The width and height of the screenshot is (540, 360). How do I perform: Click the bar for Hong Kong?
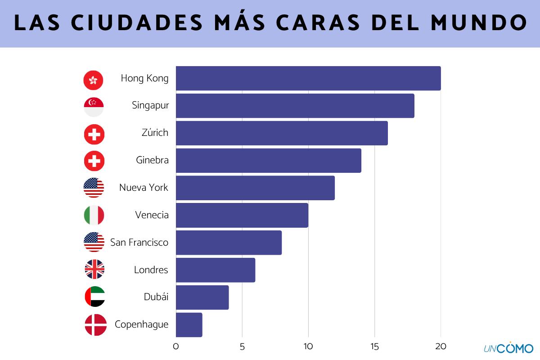[308, 78]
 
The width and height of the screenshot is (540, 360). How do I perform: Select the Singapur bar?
[295, 106]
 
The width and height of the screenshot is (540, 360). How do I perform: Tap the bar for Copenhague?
[189, 324]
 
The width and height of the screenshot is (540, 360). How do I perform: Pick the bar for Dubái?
[202, 297]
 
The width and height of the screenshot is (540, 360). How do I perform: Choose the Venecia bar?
[242, 215]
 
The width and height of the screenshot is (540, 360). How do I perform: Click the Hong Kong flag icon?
[94, 80]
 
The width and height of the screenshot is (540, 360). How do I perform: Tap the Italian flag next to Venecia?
[94, 215]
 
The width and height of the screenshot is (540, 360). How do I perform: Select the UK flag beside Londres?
[94, 270]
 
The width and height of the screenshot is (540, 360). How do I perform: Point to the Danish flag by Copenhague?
[95, 325]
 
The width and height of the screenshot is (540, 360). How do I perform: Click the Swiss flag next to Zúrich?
[94, 134]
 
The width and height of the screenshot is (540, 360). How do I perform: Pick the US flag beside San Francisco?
[94, 242]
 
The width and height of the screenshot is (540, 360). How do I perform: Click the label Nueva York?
[144, 188]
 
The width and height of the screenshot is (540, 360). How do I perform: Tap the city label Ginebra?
[152, 160]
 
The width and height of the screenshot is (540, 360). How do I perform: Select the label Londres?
[151, 270]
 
